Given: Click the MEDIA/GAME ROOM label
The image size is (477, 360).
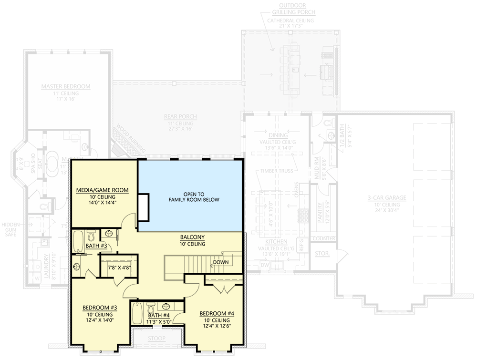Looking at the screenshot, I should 103,190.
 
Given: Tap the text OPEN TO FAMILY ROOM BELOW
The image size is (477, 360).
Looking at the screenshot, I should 194,197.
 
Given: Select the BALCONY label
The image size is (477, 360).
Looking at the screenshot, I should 193,237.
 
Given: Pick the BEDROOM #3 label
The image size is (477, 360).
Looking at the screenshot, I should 99,308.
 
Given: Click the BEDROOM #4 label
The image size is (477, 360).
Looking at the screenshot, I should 217,313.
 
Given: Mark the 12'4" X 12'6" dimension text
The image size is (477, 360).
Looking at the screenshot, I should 217,327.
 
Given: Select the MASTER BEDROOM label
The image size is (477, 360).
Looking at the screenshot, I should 65,86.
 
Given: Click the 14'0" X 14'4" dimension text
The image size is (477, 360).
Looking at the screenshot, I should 103,203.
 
